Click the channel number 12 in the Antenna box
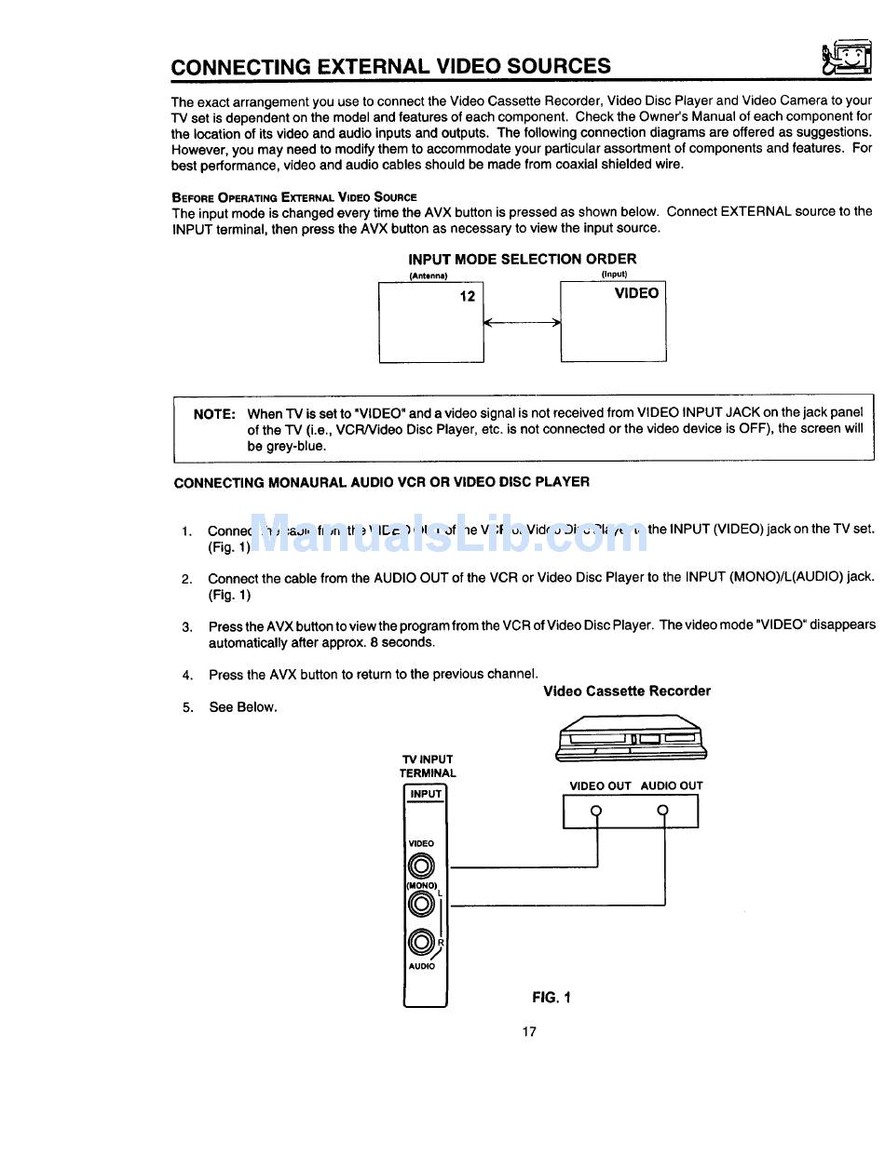[x=468, y=296]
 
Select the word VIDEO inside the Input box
[x=636, y=293]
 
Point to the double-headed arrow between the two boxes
[x=522, y=323]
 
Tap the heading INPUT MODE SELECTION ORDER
[x=523, y=260]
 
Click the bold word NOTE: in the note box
[x=214, y=414]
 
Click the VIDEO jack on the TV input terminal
[x=422, y=866]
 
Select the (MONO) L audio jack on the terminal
[x=422, y=903]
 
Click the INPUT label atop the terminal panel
[x=426, y=794]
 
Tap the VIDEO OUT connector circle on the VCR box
[x=597, y=810]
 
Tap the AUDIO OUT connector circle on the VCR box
[x=663, y=810]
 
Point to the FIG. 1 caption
[x=551, y=998]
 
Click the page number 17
[x=529, y=1031]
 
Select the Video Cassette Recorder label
[x=626, y=691]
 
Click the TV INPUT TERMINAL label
[x=428, y=766]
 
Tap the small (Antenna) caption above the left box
[x=429, y=276]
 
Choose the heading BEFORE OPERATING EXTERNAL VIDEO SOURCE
[x=294, y=197]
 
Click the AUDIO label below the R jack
[x=421, y=967]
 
